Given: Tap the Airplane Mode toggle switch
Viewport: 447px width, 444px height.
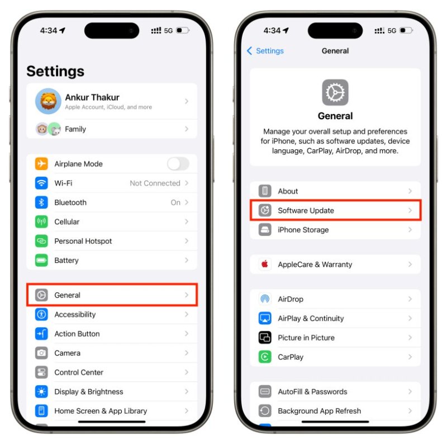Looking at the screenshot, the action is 178,164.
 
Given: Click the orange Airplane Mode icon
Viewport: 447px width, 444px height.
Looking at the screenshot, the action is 41,164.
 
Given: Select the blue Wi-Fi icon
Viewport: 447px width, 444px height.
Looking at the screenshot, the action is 41,183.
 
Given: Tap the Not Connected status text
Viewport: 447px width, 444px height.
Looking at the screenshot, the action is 155,183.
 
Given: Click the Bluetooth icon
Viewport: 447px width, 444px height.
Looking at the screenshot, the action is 41,202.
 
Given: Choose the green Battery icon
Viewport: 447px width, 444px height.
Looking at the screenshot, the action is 41,260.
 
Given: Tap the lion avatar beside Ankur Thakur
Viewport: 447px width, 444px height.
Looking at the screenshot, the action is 48,101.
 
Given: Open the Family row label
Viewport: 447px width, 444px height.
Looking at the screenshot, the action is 75,129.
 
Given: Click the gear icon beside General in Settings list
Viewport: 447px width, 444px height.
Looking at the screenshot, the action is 41,295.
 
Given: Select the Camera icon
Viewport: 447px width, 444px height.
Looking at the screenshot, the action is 41,353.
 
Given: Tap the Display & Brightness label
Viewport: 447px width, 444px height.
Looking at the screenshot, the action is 89,392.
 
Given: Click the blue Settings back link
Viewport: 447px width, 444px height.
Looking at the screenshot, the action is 265,51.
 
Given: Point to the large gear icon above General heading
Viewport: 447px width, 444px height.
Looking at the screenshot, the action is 335,92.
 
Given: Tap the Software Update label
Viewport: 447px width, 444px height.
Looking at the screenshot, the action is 306,211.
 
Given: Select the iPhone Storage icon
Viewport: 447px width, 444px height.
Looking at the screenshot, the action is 265,230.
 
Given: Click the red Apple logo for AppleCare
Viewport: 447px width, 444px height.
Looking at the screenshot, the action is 265,264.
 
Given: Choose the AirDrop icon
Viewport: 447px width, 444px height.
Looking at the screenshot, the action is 265,299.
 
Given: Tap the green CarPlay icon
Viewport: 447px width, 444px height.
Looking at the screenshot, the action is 265,357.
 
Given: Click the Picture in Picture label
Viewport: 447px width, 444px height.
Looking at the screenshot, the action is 306,338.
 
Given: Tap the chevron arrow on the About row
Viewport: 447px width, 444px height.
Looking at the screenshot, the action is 410,191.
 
